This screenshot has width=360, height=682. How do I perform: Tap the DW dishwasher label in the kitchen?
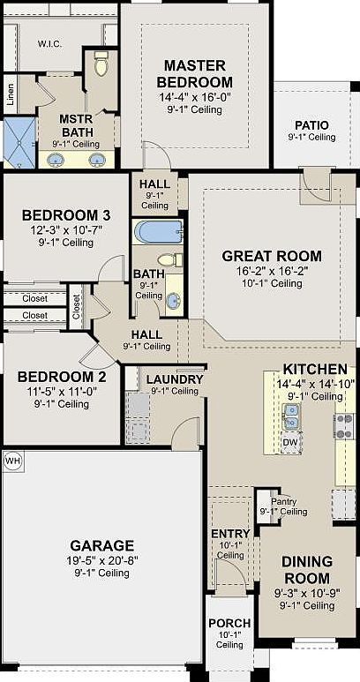[x=289, y=442]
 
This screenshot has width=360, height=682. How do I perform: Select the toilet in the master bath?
[x=101, y=64]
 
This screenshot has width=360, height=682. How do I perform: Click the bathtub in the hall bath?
[x=158, y=232]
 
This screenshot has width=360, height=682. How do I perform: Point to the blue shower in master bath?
[x=19, y=143]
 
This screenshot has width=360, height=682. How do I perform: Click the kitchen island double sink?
[x=290, y=416]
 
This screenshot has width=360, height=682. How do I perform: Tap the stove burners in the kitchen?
[x=343, y=426]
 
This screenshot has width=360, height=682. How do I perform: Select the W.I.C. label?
[x=49, y=44]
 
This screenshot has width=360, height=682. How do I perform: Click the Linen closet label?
[x=10, y=94]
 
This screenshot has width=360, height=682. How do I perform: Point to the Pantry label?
[x=284, y=502]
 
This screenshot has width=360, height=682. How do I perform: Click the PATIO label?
[x=311, y=125]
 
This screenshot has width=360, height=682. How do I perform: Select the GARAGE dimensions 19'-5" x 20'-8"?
[x=102, y=559]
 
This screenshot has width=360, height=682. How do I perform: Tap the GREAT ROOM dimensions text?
[x=272, y=271]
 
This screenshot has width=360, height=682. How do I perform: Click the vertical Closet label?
[x=77, y=307]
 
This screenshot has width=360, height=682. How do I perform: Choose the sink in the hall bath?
[x=174, y=301]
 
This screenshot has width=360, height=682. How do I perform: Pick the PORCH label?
[x=229, y=623]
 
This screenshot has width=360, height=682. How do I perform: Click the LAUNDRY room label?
[x=175, y=379]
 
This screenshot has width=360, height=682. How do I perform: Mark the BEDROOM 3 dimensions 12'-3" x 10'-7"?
[x=65, y=230]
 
